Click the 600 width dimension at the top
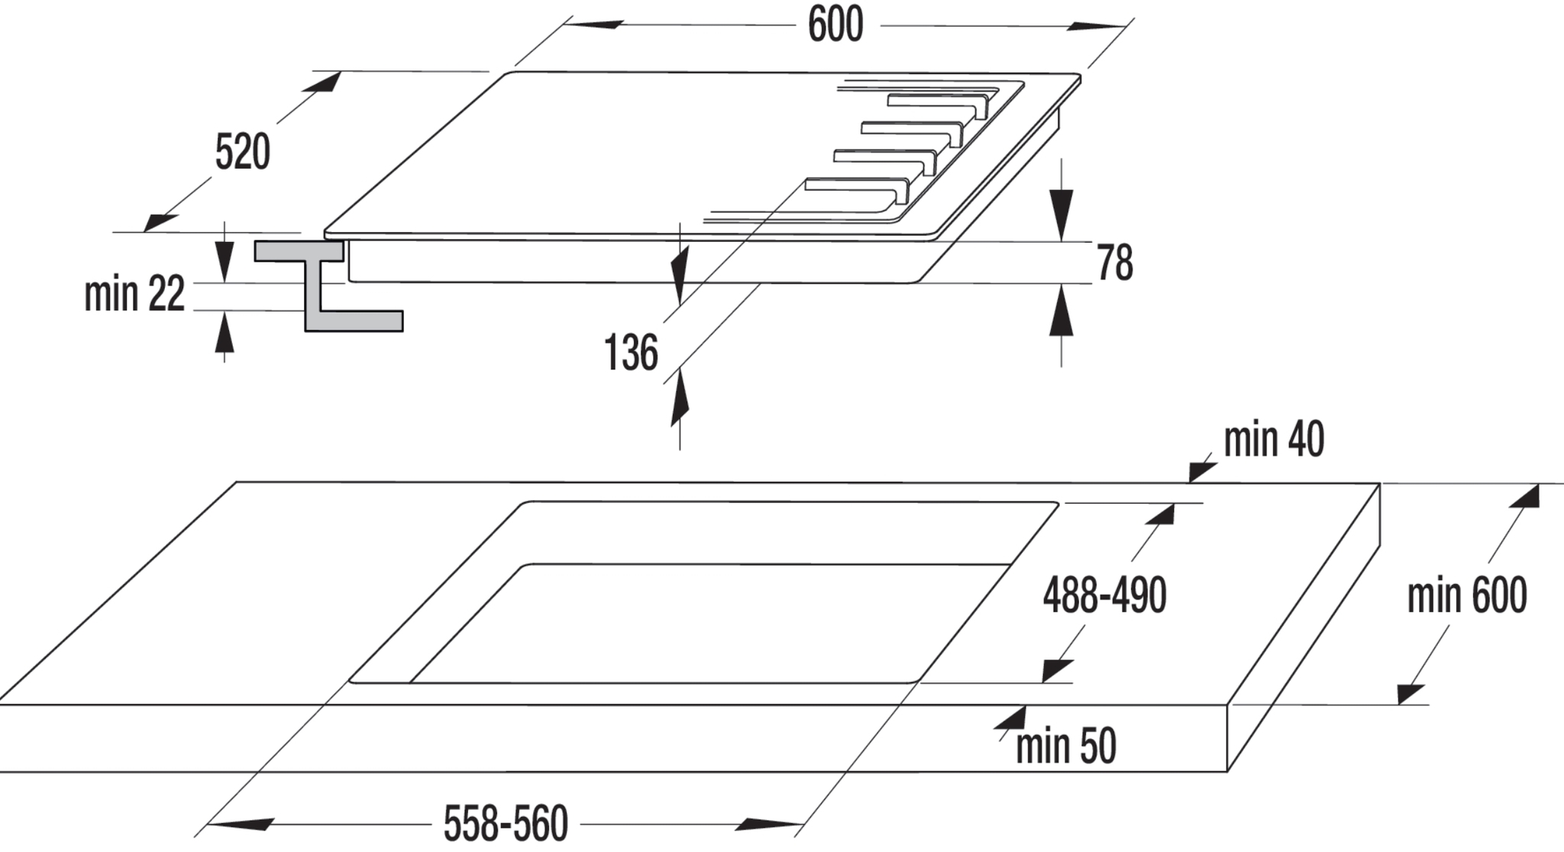pyautogui.click(x=835, y=24)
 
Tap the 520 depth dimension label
pyautogui.click(x=243, y=151)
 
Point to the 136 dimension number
pyautogui.click(x=631, y=352)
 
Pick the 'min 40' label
pyautogui.click(x=1274, y=439)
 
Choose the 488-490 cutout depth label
pyautogui.click(x=1105, y=595)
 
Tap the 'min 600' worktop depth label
pyautogui.click(x=1467, y=595)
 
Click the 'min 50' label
pyautogui.click(x=1066, y=746)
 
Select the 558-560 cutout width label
pyautogui.click(x=506, y=823)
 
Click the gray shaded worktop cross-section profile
pyautogui.click(x=328, y=286)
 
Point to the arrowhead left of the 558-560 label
pyautogui.click(x=241, y=825)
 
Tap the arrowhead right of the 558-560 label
pyautogui.click(x=769, y=825)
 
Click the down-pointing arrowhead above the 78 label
pyautogui.click(x=1062, y=214)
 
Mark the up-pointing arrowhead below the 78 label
pyautogui.click(x=1062, y=310)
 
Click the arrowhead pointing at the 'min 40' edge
pyautogui.click(x=1201, y=468)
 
